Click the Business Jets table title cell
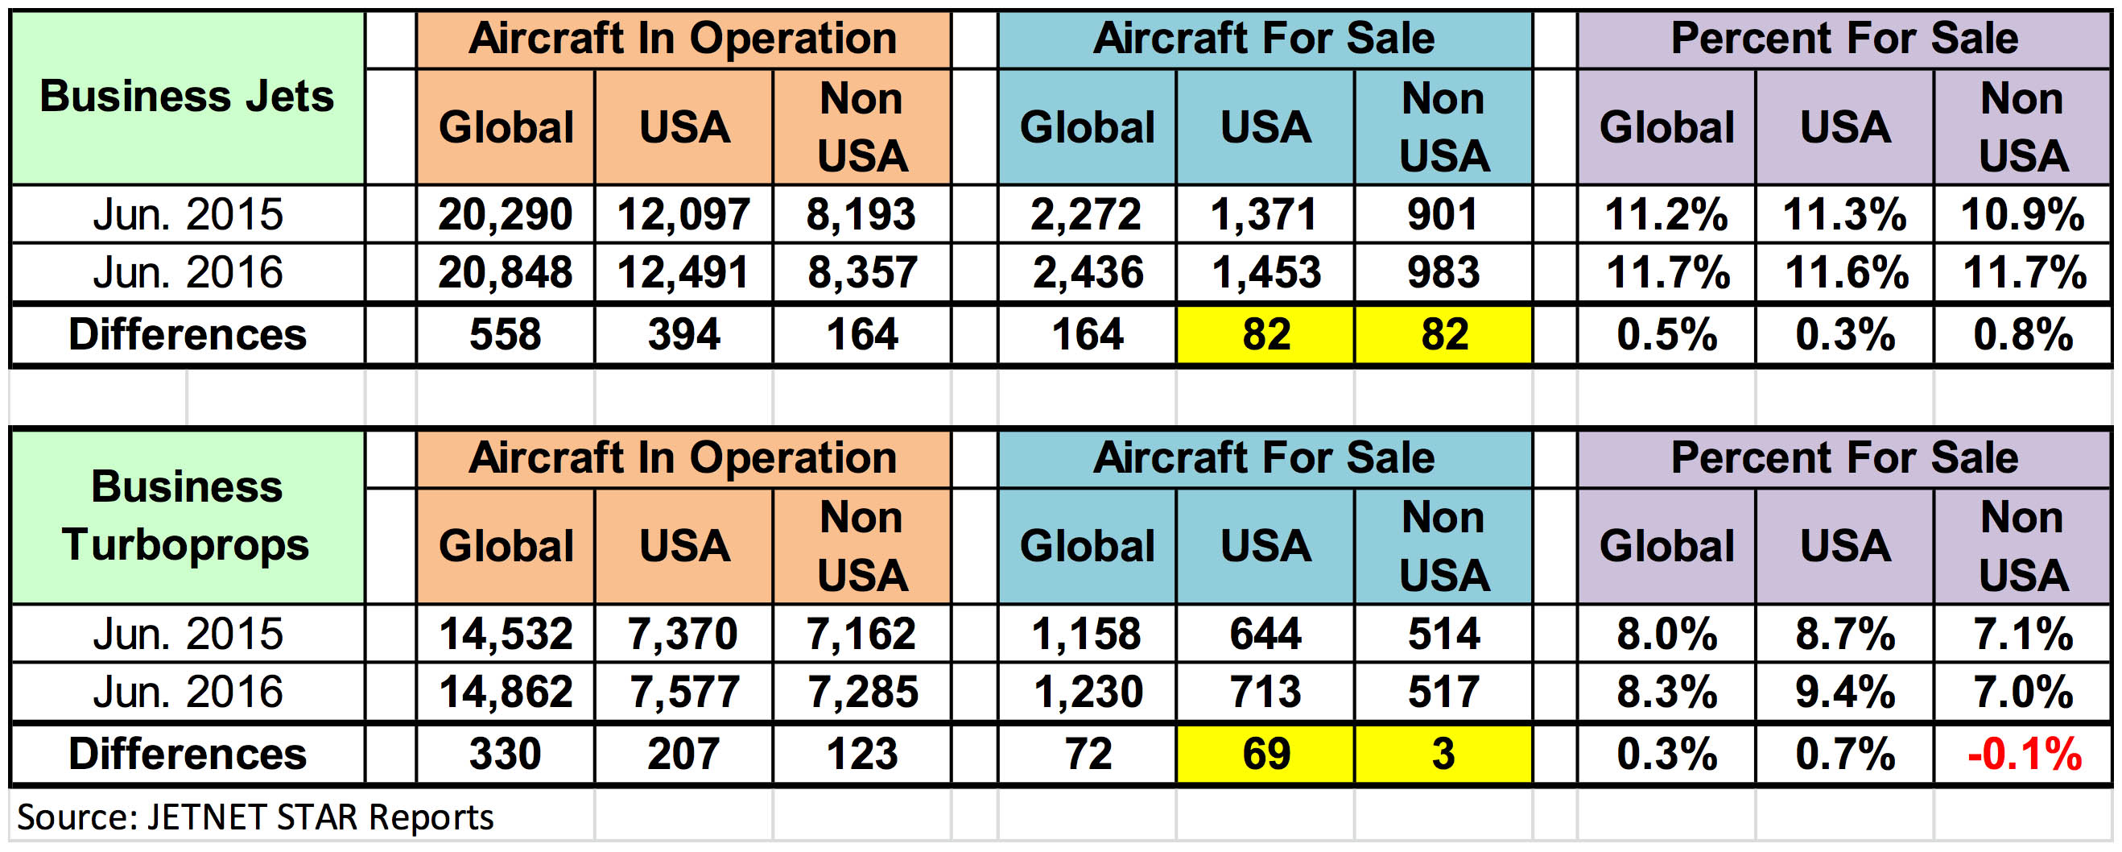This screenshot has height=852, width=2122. click(187, 97)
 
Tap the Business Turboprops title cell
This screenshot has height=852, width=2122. click(187, 516)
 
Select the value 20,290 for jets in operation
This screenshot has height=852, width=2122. click(505, 214)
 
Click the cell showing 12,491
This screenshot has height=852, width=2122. click(683, 273)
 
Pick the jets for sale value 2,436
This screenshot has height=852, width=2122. click(1088, 273)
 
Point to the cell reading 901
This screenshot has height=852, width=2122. click(1443, 214)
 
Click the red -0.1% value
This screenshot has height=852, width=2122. click(2023, 754)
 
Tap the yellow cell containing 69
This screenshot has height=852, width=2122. click(1265, 754)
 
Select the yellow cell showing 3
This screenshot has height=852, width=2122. click(1443, 754)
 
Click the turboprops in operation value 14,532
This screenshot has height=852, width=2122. click(505, 634)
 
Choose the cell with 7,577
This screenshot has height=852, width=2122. click(683, 691)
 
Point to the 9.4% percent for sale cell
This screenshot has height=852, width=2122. click(1844, 691)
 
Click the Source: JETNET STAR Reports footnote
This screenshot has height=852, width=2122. click(255, 817)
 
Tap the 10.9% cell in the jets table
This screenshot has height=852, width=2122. click(2023, 214)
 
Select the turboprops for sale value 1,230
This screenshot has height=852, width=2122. click(1088, 691)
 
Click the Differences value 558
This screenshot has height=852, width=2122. click(505, 334)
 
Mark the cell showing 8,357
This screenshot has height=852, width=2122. click(861, 273)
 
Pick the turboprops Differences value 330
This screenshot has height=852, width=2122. click(505, 754)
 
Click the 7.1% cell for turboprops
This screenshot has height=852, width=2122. click(2023, 634)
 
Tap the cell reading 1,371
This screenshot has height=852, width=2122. click(1265, 214)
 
